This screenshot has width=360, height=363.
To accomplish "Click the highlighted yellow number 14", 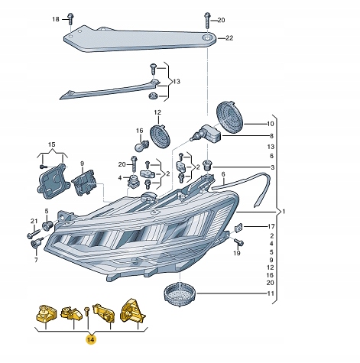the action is click(91, 339).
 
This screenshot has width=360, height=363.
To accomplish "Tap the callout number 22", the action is click(229, 38).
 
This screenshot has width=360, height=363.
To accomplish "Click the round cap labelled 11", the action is click(180, 293).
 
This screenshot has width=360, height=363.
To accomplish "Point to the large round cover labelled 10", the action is click(230, 117).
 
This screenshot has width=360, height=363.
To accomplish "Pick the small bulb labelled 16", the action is click(142, 146).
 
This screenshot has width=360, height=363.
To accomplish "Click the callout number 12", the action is click(157, 112).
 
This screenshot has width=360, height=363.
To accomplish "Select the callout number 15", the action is click(52, 144).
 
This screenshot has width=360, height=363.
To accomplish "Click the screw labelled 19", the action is click(238, 242).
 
